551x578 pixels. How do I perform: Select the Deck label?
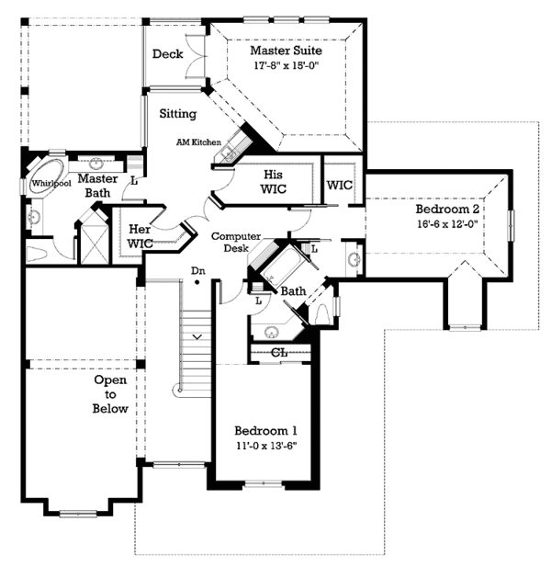point(168,54)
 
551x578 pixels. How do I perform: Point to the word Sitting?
point(177,115)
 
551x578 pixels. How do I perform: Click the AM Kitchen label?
point(199,143)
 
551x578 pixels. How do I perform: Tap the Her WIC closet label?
point(140,236)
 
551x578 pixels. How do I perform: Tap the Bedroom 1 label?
point(265,431)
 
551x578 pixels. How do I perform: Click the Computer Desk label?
point(236,242)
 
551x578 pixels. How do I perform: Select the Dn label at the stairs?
point(197,270)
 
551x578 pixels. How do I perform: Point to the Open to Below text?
point(110,394)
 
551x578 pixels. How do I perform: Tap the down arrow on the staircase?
point(197,337)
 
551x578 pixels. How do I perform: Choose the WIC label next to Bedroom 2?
point(340,185)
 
